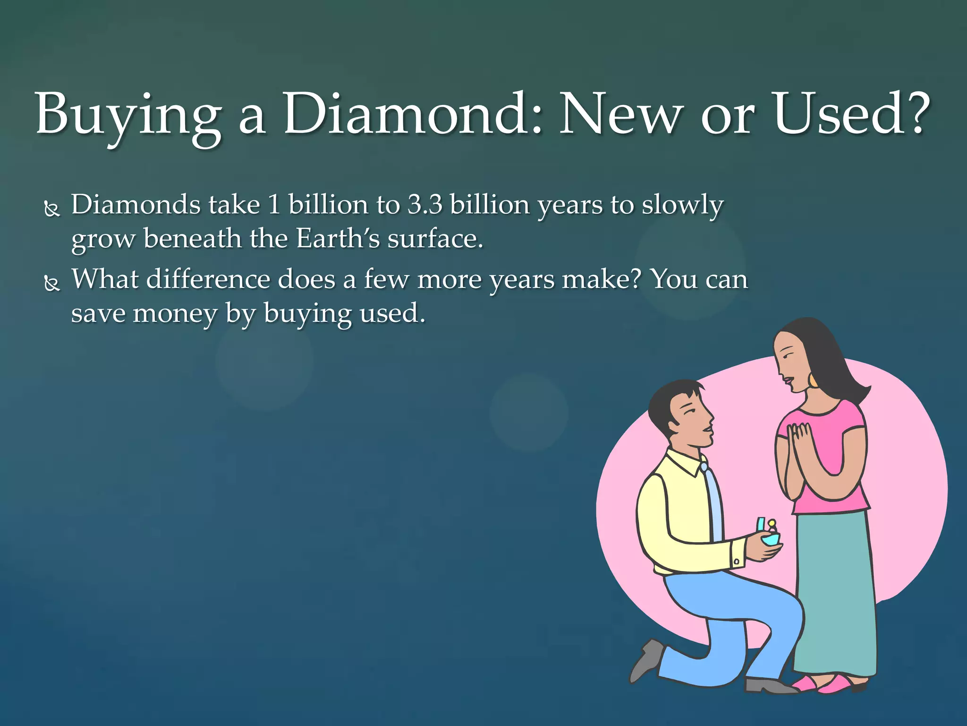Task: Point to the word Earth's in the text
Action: click(x=338, y=238)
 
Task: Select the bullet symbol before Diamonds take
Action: click(x=52, y=208)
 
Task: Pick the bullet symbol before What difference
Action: click(x=52, y=283)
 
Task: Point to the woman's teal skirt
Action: click(x=836, y=591)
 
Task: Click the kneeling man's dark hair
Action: click(x=670, y=402)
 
